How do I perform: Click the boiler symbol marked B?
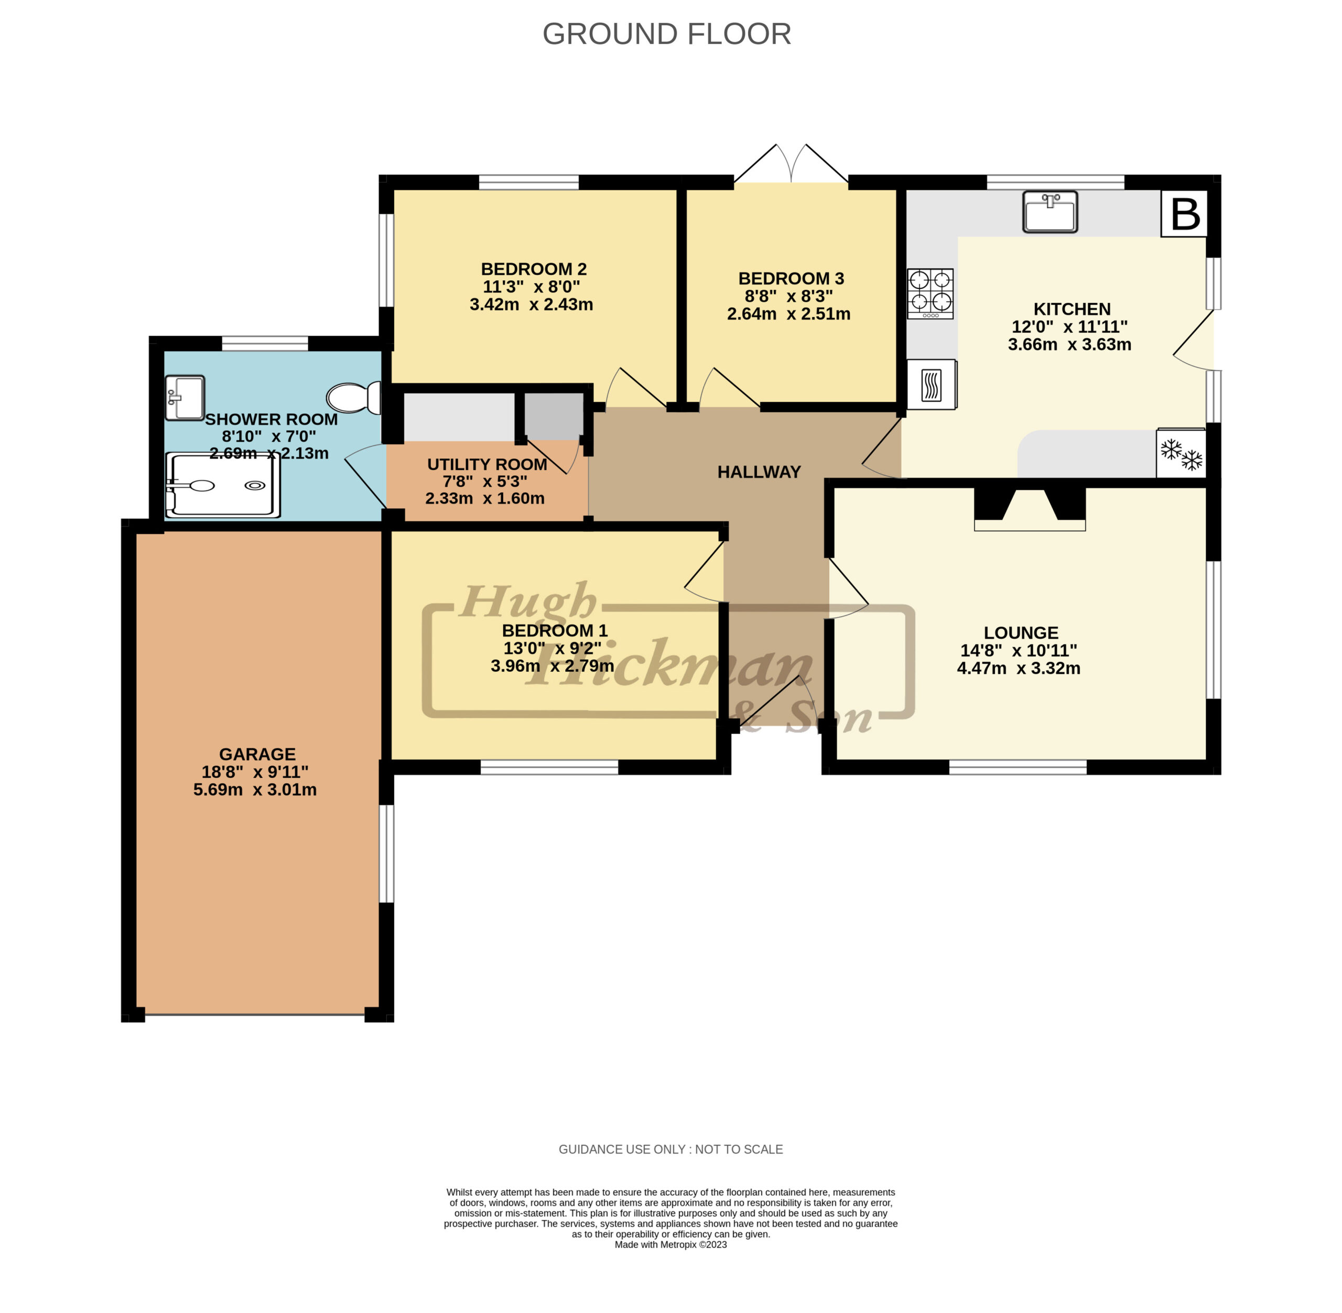click(1184, 214)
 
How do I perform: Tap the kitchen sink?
click(1049, 212)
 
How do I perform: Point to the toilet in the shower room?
click(353, 398)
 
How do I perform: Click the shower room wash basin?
click(184, 398)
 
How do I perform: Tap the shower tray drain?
click(255, 486)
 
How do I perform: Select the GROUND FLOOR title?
click(666, 34)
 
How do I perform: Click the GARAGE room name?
click(257, 754)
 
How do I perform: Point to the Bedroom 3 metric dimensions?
click(788, 314)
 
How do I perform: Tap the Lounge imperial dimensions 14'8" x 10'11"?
click(1019, 650)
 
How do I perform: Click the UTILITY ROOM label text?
click(487, 464)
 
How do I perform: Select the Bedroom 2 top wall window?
click(528, 182)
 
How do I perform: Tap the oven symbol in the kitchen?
click(932, 385)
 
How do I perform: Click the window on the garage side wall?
click(386, 853)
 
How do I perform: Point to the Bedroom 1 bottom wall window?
click(549, 767)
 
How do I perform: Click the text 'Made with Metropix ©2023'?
click(670, 1245)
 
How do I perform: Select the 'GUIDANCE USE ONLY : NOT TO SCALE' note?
click(670, 1149)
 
